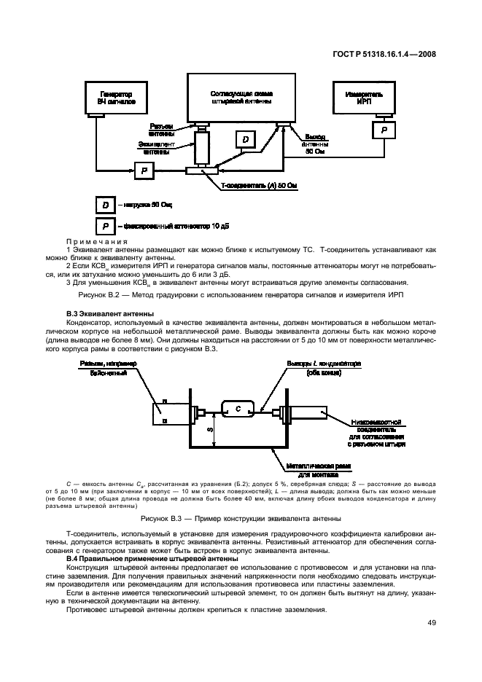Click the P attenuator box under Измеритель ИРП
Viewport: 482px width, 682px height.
(383, 130)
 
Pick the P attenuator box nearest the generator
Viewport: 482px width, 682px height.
(144, 170)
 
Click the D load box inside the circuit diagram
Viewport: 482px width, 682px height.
(245, 139)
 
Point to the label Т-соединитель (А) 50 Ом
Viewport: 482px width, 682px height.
(260, 187)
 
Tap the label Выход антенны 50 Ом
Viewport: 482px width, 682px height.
(315, 144)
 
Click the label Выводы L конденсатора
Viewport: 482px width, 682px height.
(324, 367)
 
